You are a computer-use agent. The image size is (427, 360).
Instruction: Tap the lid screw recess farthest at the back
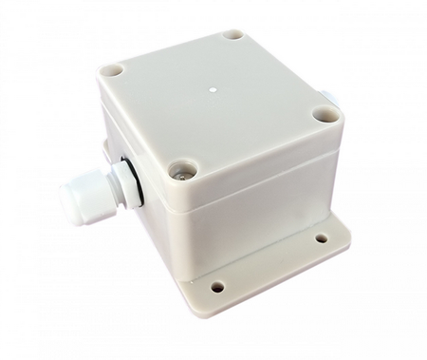(x=233, y=35)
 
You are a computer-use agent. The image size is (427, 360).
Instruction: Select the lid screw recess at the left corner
(x=112, y=70)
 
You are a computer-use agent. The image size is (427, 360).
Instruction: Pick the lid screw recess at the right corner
(x=326, y=113)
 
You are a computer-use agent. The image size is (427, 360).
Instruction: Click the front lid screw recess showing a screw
(x=180, y=171)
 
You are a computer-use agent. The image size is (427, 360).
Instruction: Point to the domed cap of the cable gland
(x=74, y=200)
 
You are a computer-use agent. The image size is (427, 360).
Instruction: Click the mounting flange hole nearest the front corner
(x=217, y=286)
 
